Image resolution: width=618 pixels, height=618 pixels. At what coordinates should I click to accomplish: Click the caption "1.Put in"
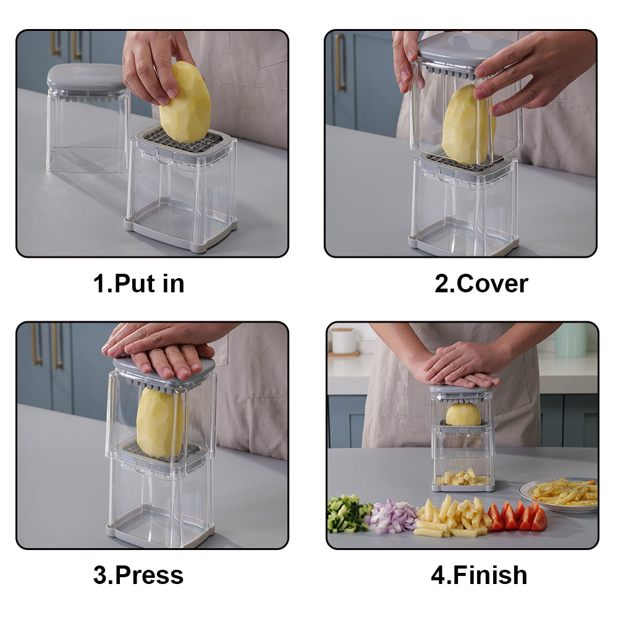point(138,284)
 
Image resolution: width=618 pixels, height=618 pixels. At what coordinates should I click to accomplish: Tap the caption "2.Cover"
point(481,284)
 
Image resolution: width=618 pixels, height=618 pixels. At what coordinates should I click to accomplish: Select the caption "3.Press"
point(138,575)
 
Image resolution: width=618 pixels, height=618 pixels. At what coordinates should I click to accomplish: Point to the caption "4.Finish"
point(479,575)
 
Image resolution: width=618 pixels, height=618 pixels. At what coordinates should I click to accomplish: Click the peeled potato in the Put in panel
point(185,103)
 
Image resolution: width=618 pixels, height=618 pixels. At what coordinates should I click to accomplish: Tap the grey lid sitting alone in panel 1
point(86,78)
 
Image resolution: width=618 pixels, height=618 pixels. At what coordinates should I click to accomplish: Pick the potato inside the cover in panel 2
point(468,125)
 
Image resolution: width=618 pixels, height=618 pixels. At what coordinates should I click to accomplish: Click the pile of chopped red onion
point(391,516)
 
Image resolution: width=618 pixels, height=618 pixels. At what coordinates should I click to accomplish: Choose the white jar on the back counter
point(343,341)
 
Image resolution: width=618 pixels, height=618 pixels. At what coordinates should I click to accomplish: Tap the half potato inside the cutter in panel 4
point(463,414)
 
